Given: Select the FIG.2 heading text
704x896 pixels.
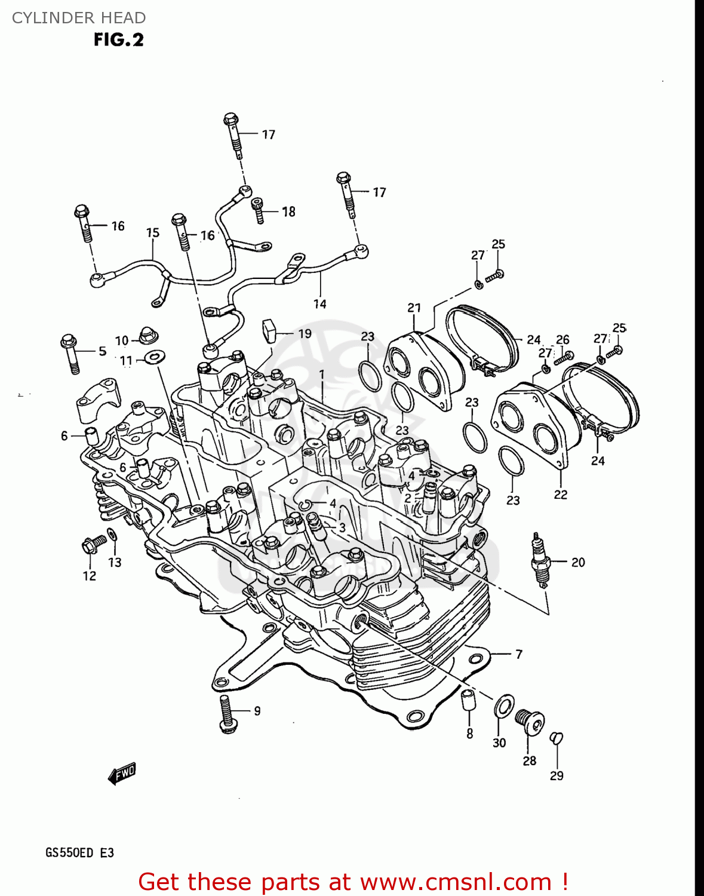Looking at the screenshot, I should (118, 40).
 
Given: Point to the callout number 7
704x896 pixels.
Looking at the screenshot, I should (519, 654).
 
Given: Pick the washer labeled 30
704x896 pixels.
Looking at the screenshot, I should (503, 707).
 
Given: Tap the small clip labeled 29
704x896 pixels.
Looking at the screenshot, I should (556, 738).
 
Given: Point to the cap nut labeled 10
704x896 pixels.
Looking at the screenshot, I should (145, 336).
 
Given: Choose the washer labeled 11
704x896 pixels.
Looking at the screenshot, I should (154, 357).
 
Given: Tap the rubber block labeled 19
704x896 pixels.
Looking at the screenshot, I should (269, 330).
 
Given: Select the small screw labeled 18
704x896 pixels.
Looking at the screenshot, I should (259, 210).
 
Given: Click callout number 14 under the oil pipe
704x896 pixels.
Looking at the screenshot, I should (320, 304).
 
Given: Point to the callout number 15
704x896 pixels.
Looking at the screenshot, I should (153, 232).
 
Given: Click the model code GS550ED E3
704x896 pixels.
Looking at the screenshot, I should (79, 852).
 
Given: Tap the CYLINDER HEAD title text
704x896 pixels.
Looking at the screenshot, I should (79, 18).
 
